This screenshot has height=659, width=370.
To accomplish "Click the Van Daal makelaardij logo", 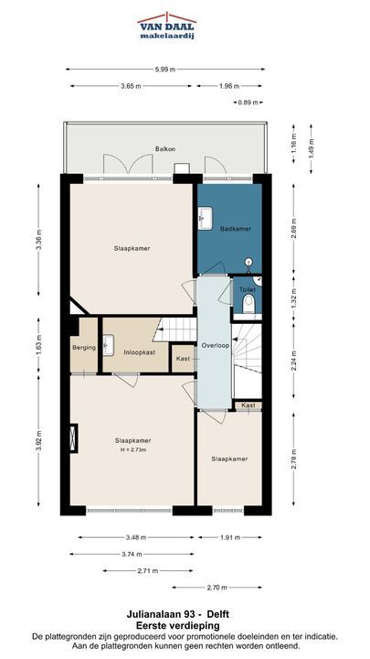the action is point(167,26).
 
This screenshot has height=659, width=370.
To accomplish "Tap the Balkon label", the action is point(164,149).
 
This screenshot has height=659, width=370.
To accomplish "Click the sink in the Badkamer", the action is point(206,218).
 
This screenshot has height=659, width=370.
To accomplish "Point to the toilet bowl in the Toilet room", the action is point(248,304).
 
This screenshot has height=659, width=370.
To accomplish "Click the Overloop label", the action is point(215,345).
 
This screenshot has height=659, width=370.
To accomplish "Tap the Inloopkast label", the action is point(139,352).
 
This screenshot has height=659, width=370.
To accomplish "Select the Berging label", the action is point(84,348).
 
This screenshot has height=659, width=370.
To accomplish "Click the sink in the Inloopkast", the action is point(108,345).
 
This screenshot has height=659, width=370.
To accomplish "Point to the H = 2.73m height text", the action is point(133,449).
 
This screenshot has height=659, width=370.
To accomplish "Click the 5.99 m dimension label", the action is point(164,70).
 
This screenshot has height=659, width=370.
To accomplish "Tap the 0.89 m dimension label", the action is point(248,103).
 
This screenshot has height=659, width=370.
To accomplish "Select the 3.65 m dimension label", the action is point(131,86).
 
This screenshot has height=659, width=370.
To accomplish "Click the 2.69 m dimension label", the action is point(293,228).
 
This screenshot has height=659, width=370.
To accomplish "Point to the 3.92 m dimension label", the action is point(38,441).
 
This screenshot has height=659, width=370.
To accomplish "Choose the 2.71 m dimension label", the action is point(148,571).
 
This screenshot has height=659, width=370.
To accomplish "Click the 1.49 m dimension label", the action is point(311,148).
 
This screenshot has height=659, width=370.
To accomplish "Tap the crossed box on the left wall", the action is point(73,438).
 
